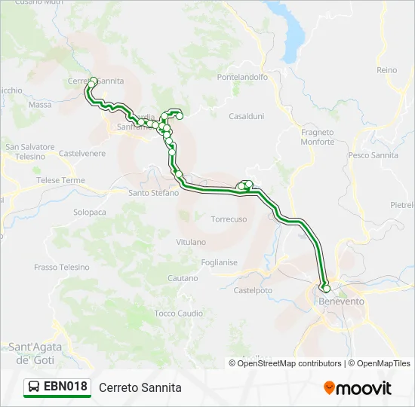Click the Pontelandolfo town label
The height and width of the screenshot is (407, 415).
click(241, 78)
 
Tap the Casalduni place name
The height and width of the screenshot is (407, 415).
click(246, 116)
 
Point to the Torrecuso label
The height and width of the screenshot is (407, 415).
click(229, 219)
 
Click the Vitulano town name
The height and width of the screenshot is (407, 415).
click(191, 242)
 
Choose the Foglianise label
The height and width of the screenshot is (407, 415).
click(220, 262)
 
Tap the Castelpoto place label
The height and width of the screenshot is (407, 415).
click(253, 289)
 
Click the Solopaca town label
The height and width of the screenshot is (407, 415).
click(90, 213)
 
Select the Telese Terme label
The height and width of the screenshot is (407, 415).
click(61, 181)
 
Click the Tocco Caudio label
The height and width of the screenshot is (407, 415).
click(178, 313)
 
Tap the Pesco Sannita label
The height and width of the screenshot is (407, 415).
click(373, 155)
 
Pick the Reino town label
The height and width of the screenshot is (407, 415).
click(386, 70)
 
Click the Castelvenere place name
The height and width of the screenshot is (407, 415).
click(82, 153)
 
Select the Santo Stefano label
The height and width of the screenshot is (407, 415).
click(154, 193)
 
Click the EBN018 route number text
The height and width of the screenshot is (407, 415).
click(66, 387)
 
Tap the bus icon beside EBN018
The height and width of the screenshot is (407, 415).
click(35, 387)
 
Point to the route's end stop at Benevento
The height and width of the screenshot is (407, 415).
click(326, 288)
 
